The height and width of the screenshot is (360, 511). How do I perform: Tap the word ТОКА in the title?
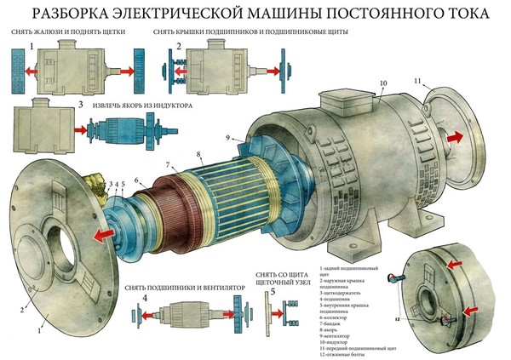coord(460,14)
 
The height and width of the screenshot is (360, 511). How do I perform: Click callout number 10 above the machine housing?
coord(382,83)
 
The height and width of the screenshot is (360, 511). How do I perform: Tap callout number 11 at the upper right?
coord(417,80)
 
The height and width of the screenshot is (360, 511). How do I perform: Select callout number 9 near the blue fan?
coord(229,136)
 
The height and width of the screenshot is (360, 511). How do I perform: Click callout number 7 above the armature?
coord(169,163)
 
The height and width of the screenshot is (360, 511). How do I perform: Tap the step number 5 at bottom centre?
coord(272,294)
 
